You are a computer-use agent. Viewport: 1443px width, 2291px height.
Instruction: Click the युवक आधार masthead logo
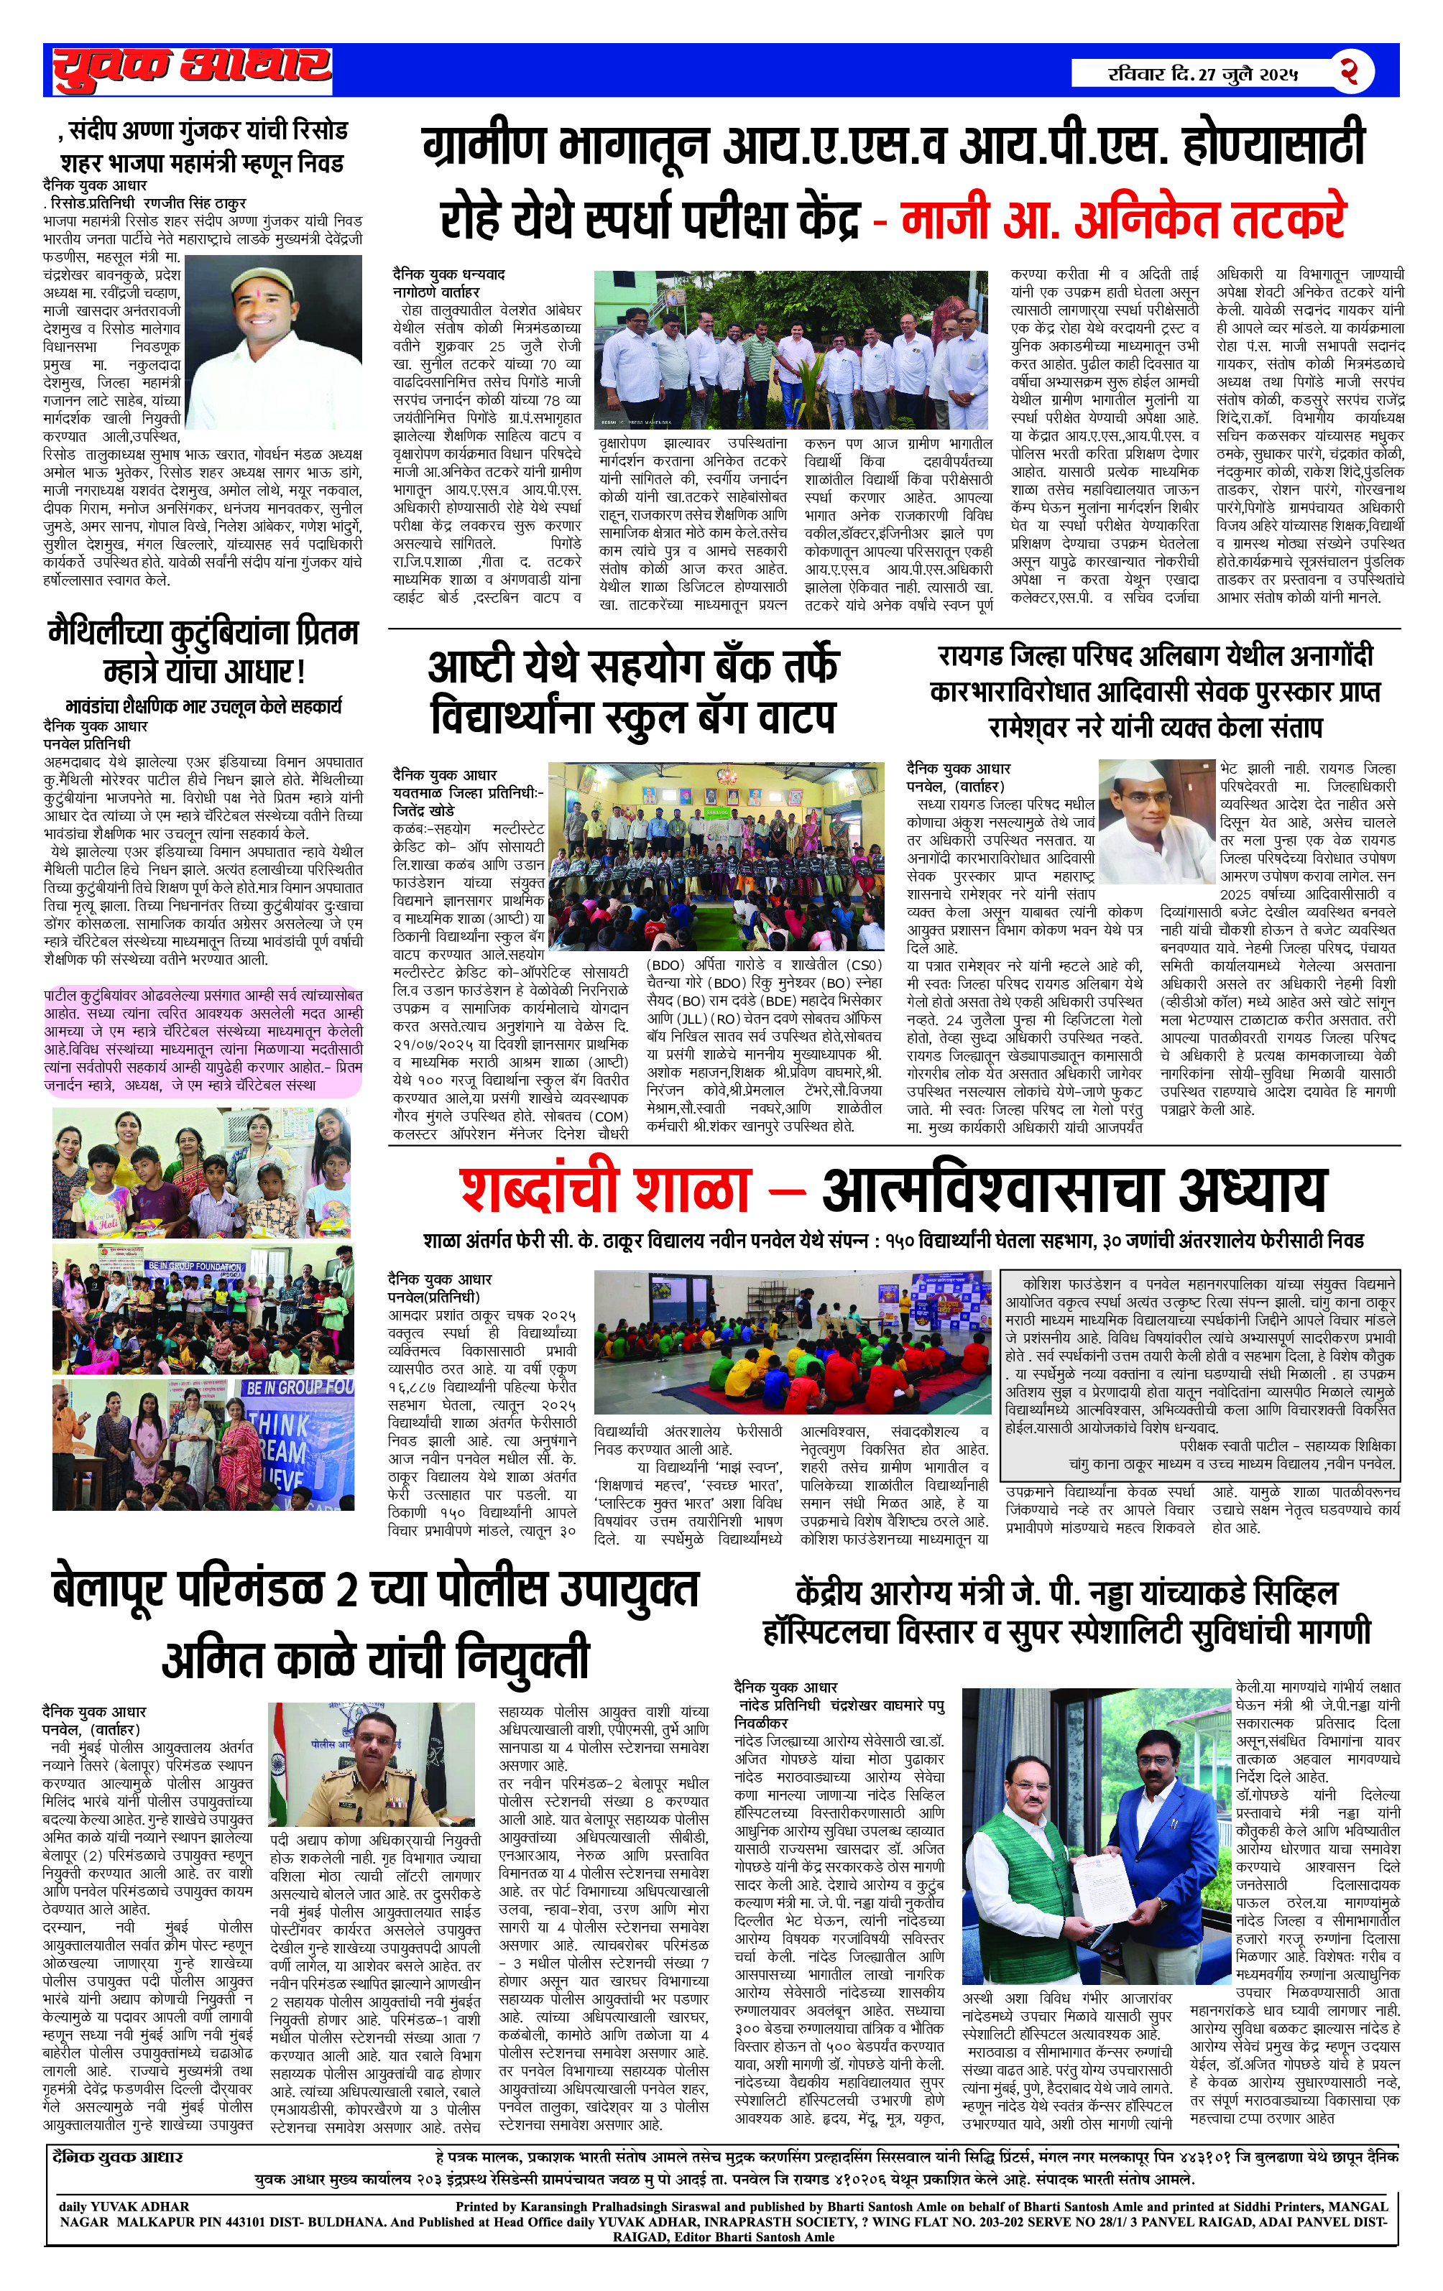[191, 68]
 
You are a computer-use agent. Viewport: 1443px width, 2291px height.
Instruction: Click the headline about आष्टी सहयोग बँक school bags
[633, 692]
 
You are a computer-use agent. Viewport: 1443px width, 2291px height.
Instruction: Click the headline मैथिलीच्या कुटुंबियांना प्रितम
[203, 652]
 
